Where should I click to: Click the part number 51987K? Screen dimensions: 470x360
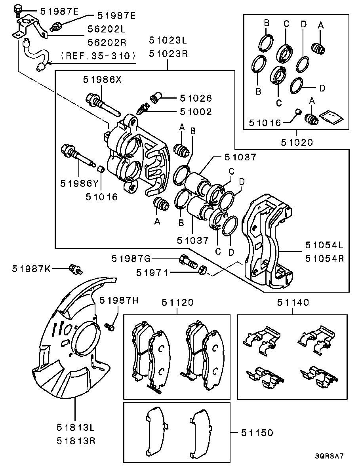[x=31, y=269]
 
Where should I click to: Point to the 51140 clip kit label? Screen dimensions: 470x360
[x=293, y=303]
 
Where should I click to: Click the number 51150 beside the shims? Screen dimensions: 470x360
[x=257, y=433]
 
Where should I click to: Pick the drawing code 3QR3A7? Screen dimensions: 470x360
[x=330, y=456]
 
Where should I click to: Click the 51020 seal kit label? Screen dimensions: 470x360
[x=297, y=142]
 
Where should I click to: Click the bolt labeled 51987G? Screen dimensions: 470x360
[x=187, y=261]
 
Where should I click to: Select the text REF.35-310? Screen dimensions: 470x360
[x=98, y=55]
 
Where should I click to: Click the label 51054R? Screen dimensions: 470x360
[x=324, y=259]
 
